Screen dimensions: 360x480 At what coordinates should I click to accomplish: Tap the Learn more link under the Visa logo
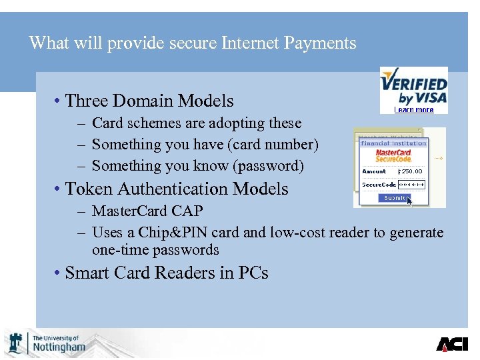(x=413, y=109)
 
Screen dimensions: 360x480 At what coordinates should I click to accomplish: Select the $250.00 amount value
(x=410, y=171)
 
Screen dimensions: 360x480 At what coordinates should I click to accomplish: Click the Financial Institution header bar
(x=393, y=143)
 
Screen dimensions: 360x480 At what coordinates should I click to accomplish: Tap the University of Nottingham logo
(x=46, y=343)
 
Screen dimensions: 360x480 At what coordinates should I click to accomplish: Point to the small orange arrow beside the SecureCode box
(x=438, y=158)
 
